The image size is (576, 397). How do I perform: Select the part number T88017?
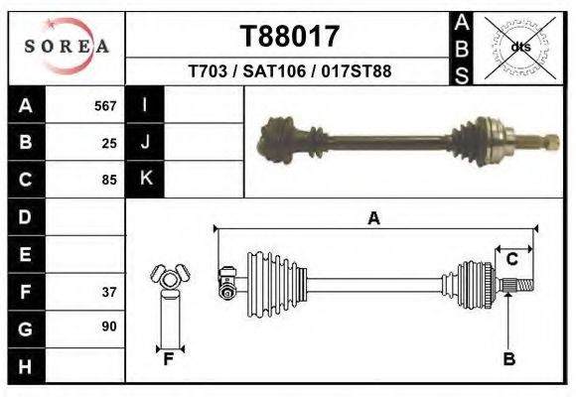[x=290, y=37]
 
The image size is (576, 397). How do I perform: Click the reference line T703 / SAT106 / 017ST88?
[x=290, y=71]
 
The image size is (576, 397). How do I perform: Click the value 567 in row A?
[x=105, y=105]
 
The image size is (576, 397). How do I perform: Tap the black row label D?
[x=25, y=216]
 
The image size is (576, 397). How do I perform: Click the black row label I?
[x=145, y=105]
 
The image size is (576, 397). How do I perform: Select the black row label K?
[x=145, y=179]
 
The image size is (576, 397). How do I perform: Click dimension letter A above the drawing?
[x=374, y=218]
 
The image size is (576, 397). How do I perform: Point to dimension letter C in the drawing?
[x=512, y=260]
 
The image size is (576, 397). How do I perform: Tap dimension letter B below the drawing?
[x=508, y=359]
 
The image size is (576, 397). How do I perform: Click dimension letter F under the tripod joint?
[x=169, y=359]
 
